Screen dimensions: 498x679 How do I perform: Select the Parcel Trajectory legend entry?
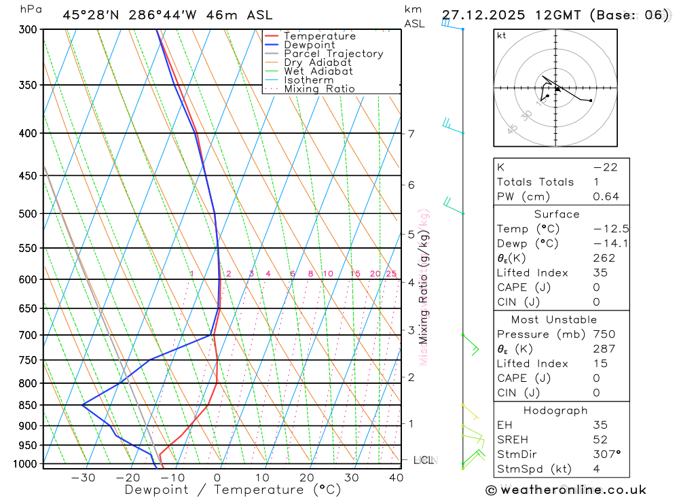pyautogui.click(x=333, y=54)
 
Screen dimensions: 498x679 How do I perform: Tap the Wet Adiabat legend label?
pyautogui.click(x=318, y=71)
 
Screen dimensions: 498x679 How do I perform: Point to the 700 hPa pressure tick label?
pyautogui.click(x=28, y=335)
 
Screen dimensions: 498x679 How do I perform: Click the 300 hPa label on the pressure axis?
pyautogui.click(x=28, y=29)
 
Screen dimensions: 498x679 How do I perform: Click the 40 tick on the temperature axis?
pyautogui.click(x=395, y=478)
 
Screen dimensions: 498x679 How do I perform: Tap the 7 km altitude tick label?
pyautogui.click(x=411, y=133)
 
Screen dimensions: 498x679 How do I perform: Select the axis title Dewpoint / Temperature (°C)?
pyautogui.click(x=233, y=490)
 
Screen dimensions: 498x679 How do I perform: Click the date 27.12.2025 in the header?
pyautogui.click(x=481, y=15)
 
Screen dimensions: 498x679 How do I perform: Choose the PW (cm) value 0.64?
pyautogui.click(x=606, y=196)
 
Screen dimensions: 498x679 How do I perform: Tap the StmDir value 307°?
pyautogui.click(x=606, y=454)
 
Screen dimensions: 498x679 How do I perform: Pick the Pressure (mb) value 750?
pyautogui.click(x=604, y=334)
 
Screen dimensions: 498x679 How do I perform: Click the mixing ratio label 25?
pyautogui.click(x=391, y=274)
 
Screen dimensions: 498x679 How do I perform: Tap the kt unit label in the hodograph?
pyautogui.click(x=502, y=35)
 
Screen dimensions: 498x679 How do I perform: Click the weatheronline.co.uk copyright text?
pyautogui.click(x=566, y=490)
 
